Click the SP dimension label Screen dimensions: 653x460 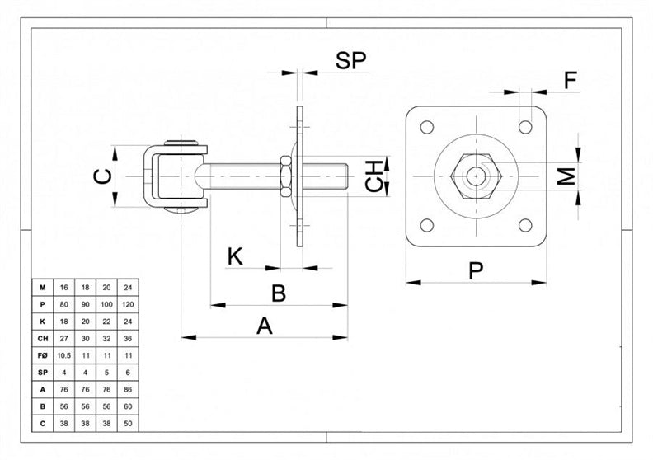(350, 61)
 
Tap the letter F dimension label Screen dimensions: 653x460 (571, 80)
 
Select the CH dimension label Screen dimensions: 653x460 (374, 176)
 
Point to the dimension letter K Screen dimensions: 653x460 (235, 256)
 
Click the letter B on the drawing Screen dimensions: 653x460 (279, 293)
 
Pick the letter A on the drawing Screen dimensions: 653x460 (265, 326)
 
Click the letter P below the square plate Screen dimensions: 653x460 (476, 270)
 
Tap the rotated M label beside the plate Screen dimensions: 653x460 (566, 176)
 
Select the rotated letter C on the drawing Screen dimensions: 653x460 (103, 176)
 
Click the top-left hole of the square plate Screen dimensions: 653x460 (427, 127)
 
